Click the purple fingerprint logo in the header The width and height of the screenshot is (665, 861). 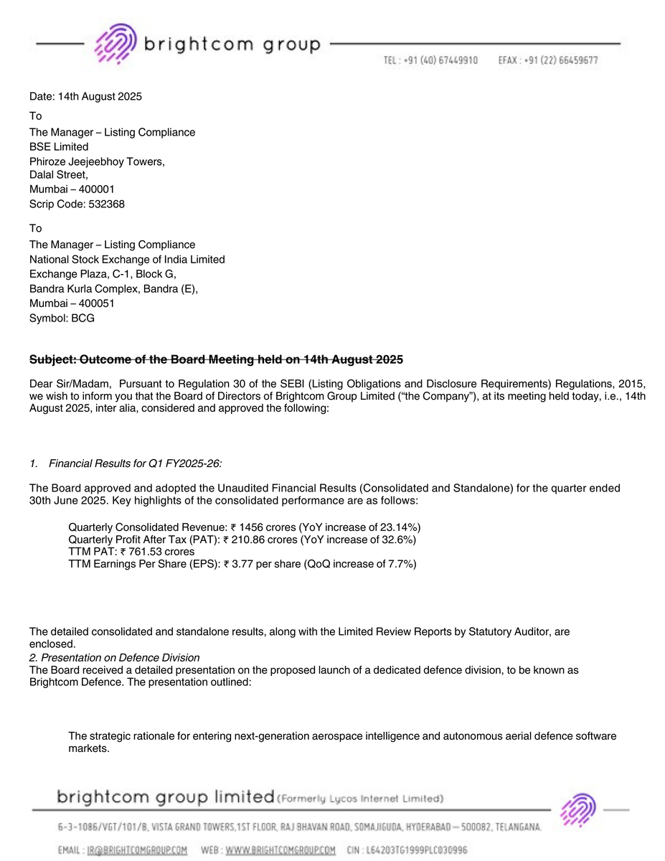tap(115, 44)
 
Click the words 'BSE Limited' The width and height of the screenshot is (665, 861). tap(59, 147)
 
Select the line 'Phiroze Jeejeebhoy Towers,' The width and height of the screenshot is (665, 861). tap(97, 161)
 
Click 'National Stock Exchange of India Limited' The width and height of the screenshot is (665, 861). tap(127, 259)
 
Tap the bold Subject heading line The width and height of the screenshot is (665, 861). tap(216, 359)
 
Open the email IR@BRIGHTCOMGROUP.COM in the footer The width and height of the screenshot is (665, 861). tap(137, 850)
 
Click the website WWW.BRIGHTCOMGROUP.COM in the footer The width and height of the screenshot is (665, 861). tap(280, 850)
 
